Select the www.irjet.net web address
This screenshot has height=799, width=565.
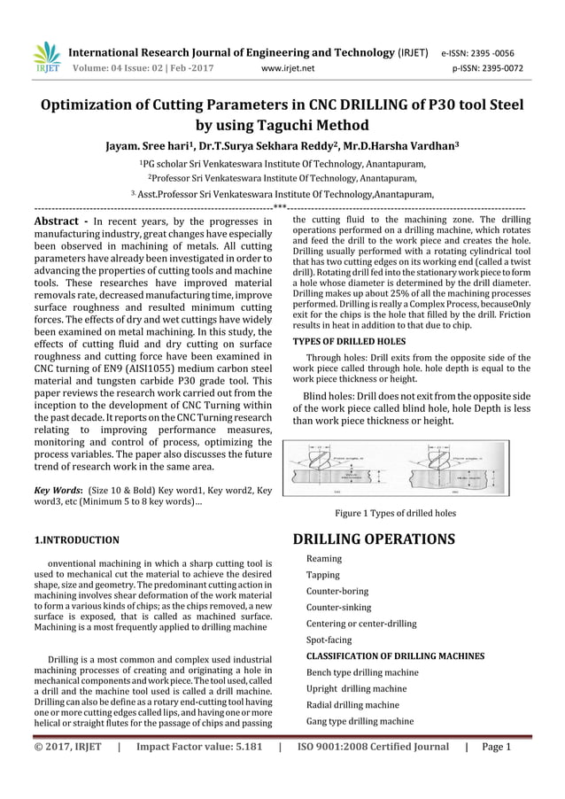tap(290, 66)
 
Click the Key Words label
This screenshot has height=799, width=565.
tap(58, 488)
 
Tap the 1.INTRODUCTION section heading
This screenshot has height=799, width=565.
tap(76, 539)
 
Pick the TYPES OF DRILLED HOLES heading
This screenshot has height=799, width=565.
tap(349, 341)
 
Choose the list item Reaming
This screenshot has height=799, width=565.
tap(323, 559)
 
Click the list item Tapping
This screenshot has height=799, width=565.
tap(322, 575)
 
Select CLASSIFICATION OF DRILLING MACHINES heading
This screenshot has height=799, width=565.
tap(395, 656)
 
